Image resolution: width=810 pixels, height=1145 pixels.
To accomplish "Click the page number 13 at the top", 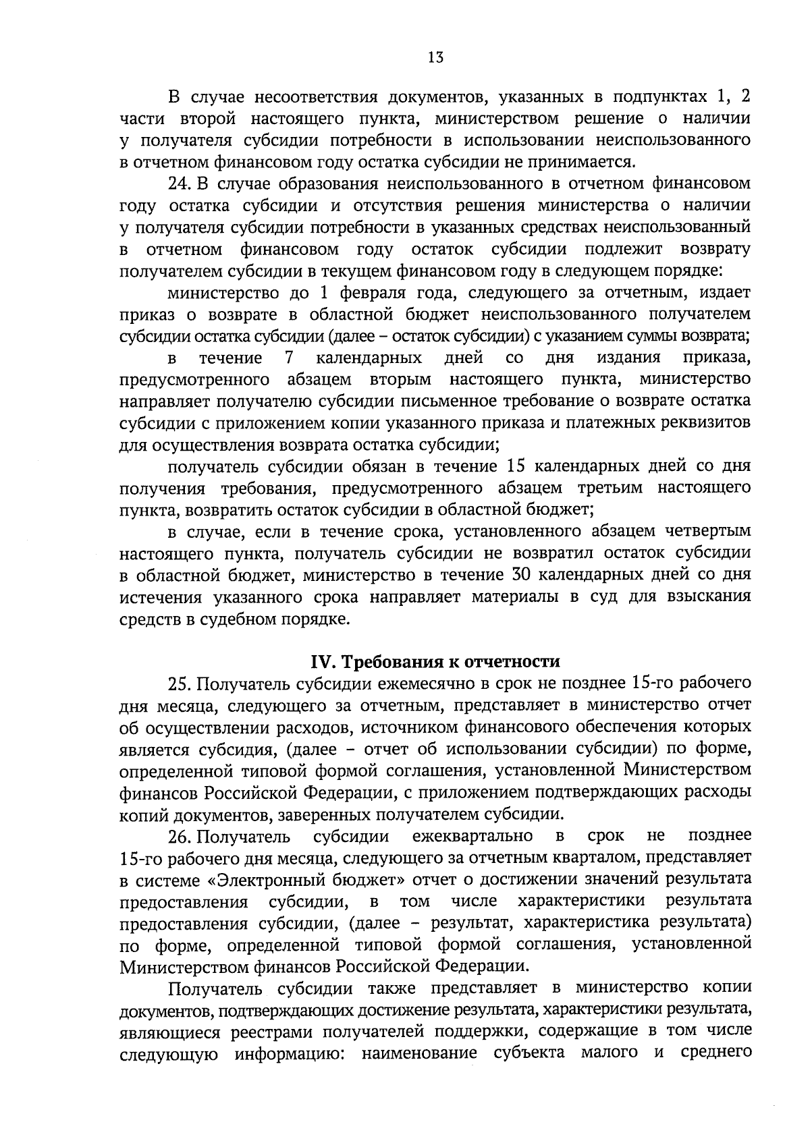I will pos(435,57).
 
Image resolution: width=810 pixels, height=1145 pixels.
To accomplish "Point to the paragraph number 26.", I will pos(180,837).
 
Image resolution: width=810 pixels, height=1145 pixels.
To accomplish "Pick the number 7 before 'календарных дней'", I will pos(290,357).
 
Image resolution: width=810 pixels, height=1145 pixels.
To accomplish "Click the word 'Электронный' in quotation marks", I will pos(296,881).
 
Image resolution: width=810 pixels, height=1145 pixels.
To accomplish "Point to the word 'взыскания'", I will pos(708,597).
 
